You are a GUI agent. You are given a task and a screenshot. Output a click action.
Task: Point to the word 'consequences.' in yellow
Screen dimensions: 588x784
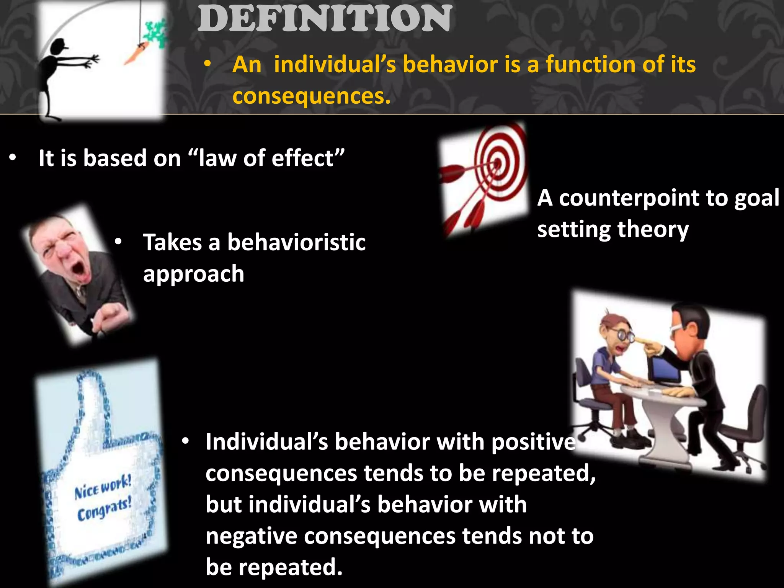tap(311, 96)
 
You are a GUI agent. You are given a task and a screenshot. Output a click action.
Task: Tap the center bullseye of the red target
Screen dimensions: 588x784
tap(497, 164)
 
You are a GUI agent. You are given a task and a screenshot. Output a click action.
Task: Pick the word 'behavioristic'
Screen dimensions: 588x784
tap(296, 243)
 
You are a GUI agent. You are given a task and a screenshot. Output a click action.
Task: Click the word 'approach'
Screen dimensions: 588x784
tap(193, 274)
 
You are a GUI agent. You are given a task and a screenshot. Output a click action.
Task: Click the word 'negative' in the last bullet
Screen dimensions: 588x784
tap(251, 536)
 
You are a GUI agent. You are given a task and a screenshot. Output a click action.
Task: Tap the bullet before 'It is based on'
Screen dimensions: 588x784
tap(13, 158)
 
